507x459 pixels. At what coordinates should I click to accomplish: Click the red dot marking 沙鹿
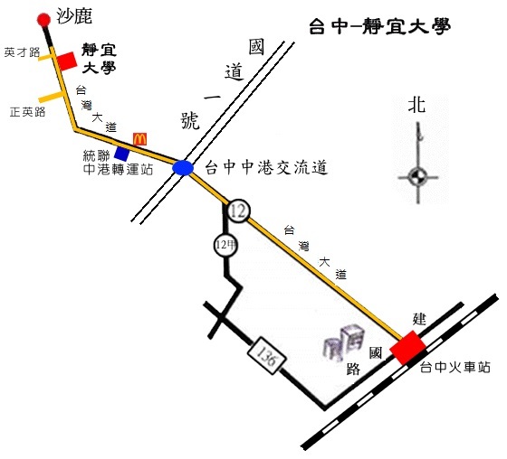[43, 20]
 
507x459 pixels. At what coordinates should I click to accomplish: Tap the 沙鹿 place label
[74, 16]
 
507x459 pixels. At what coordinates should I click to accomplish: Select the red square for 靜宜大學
[67, 61]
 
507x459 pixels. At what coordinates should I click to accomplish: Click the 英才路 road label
[22, 52]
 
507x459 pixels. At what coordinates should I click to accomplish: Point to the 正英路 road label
[27, 112]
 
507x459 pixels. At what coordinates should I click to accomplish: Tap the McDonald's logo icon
[140, 139]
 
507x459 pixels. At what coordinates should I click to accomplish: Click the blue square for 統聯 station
[122, 154]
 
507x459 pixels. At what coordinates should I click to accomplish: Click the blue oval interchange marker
[183, 168]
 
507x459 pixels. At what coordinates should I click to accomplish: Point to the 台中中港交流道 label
[267, 167]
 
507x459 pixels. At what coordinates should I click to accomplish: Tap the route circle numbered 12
[239, 211]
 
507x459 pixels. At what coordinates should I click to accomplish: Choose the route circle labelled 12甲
[225, 246]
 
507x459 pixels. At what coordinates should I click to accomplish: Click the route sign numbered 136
[267, 355]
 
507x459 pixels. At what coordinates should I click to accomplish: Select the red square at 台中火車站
[408, 347]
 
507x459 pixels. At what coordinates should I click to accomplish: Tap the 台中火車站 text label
[455, 367]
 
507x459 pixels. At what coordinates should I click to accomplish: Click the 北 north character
[416, 105]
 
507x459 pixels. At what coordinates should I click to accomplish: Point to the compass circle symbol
[417, 177]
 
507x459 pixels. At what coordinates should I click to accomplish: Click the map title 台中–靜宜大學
[380, 26]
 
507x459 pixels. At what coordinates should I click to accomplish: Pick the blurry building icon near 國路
[345, 342]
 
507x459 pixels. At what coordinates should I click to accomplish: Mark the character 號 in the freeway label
[190, 121]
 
